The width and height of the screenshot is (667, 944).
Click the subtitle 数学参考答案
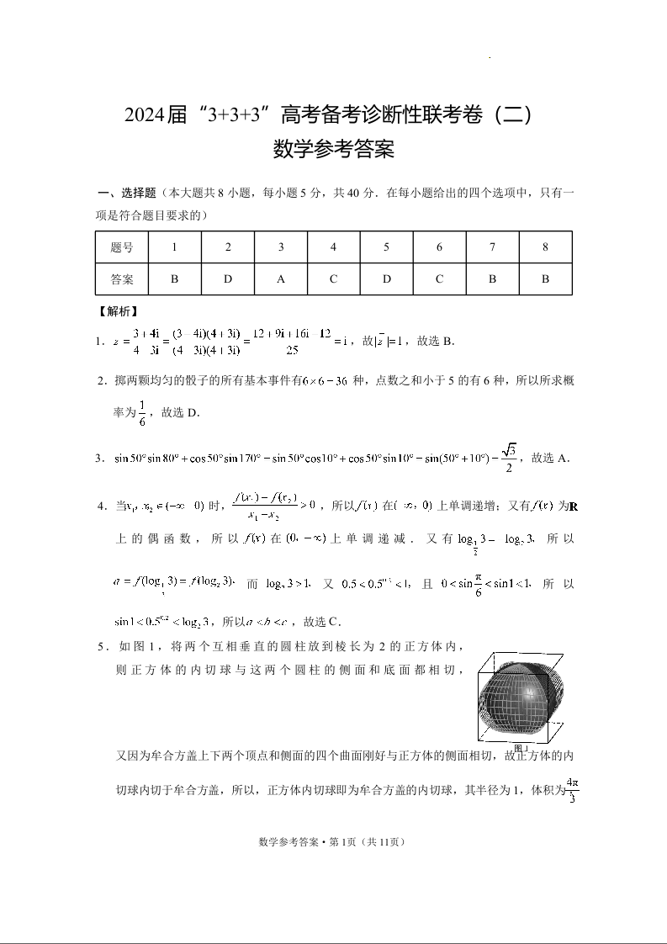(334, 151)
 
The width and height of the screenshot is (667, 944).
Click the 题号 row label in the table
(121, 247)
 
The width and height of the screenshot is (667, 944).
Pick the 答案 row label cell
(121, 278)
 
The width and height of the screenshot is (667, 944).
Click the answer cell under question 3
(280, 278)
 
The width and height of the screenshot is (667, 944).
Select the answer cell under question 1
(174, 278)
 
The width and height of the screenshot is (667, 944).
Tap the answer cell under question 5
(386, 278)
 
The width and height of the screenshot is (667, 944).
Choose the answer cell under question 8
(545, 278)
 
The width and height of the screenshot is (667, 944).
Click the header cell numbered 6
(439, 247)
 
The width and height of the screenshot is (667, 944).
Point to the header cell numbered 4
(333, 247)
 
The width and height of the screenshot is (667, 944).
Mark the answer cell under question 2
(227, 278)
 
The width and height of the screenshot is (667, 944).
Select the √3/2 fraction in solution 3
(508, 458)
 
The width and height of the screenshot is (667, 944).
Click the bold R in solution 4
(573, 506)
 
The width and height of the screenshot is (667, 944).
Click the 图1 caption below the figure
(521, 748)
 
